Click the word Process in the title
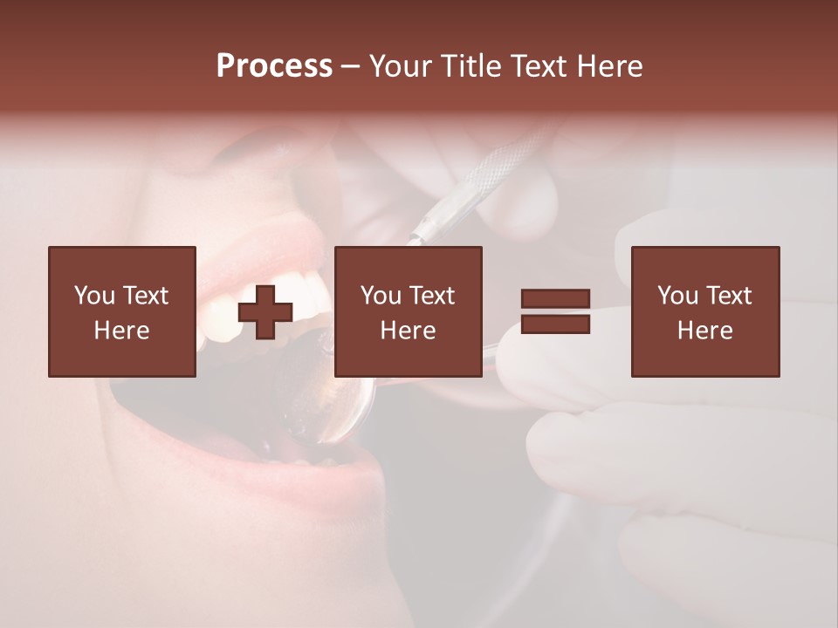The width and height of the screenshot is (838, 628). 274,66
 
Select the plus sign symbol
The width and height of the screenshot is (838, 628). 265,312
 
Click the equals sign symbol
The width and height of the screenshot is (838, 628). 555,311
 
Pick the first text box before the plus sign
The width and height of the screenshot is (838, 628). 122,311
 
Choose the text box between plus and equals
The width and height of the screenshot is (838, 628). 408,311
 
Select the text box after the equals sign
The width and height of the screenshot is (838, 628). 705,311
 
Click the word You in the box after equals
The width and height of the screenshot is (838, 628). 678,296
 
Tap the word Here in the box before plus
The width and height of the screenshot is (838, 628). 122,330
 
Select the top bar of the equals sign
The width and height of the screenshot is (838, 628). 555,298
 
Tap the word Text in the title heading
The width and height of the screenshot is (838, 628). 536,66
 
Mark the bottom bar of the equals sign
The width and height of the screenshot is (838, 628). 555,324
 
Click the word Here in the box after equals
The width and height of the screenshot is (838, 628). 705,330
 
